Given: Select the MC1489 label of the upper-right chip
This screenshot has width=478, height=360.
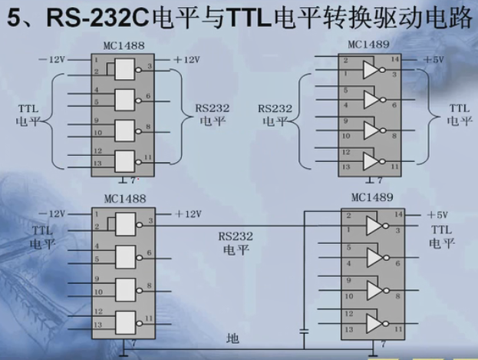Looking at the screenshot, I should point(369,45).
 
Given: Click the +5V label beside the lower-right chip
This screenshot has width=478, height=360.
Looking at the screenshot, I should point(436,215).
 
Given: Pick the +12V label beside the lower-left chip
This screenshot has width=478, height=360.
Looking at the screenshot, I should point(187,213).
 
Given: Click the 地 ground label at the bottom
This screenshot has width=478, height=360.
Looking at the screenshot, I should point(232,338).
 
